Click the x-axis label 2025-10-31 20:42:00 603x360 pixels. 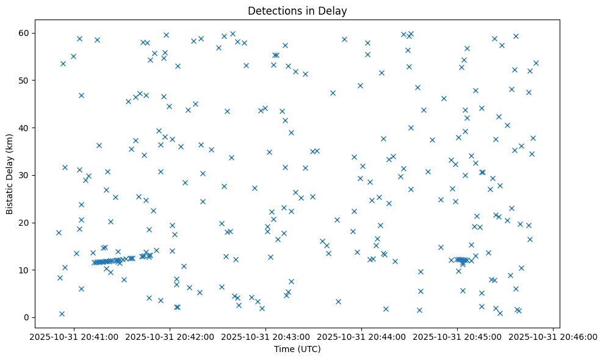pyautogui.click(x=170, y=336)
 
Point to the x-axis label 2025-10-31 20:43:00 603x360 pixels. pyautogui.click(x=266, y=336)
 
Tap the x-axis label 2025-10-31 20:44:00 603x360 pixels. pyautogui.click(x=362, y=336)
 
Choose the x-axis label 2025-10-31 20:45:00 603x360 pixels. pyautogui.click(x=458, y=336)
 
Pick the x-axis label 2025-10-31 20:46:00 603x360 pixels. pyautogui.click(x=553, y=336)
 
